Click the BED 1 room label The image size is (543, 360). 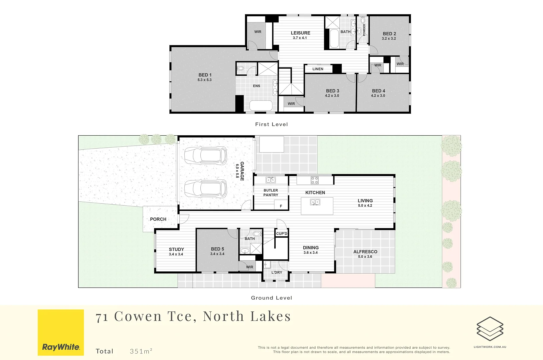(205, 75)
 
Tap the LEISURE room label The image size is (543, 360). (300, 33)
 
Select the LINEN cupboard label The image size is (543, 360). (318, 69)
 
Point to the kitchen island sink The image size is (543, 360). (315, 202)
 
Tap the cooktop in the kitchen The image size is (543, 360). (314, 180)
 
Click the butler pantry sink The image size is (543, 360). (270, 180)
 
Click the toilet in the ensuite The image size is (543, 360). (241, 69)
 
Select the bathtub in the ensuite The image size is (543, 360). (261, 106)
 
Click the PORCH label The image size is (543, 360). (158, 219)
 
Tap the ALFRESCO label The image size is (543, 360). (365, 252)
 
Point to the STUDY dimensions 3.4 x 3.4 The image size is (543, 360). (176, 254)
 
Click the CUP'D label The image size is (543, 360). (282, 234)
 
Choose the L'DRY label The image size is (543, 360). (277, 272)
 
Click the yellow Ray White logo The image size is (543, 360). (61, 332)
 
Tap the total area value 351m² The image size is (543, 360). (141, 351)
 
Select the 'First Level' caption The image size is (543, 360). (271, 124)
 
